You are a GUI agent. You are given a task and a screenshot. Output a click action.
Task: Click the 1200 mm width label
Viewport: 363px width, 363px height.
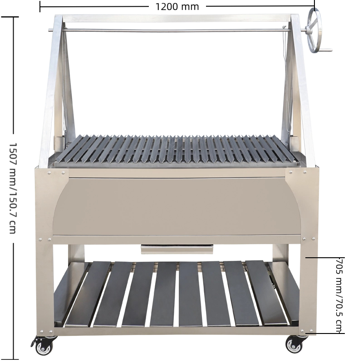[177, 6]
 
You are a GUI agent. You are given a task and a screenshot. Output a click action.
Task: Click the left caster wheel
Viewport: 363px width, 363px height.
[44, 347]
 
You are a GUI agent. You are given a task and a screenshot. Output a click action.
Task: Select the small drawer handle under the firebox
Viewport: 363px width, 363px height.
[177, 249]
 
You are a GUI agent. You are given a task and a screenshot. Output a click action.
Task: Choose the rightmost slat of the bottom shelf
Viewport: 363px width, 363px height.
[266, 293]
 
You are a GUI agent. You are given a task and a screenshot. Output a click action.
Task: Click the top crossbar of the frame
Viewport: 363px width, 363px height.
[177, 19]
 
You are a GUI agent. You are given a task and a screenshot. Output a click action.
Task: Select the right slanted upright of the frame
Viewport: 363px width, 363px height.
[302, 91]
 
